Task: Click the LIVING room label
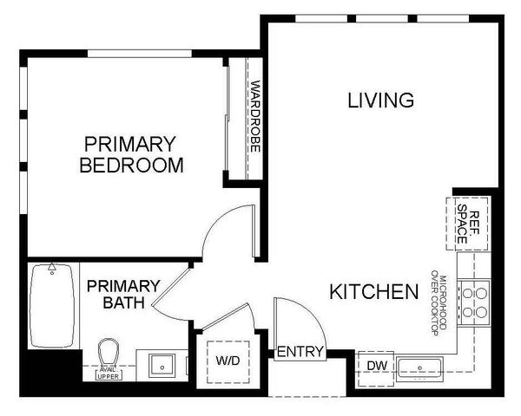point(380,101)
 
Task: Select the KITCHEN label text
point(373,292)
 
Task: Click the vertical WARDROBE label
point(254,117)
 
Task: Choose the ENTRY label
point(300,352)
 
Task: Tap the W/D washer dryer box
point(227,360)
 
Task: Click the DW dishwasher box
point(375,365)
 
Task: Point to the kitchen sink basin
point(420,367)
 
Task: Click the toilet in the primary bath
point(109,354)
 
